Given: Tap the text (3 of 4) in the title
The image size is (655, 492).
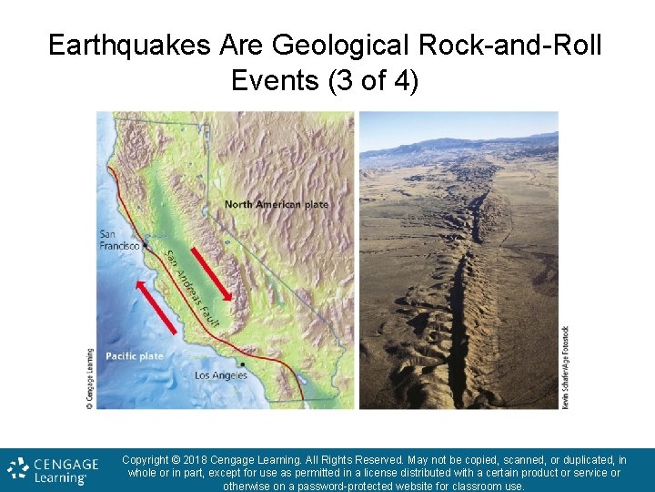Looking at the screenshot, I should point(375,80).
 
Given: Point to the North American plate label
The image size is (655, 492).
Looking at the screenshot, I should point(277,204).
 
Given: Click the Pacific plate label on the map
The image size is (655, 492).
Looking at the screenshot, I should point(135,356).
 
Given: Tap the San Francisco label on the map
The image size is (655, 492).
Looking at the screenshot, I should point(119,240).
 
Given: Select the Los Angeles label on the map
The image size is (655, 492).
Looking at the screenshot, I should point(221,375).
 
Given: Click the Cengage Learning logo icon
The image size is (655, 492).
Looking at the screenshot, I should point(18,469).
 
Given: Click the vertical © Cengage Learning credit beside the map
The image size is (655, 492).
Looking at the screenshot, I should point(90,378).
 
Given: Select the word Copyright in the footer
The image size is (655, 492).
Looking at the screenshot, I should point(149,460).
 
